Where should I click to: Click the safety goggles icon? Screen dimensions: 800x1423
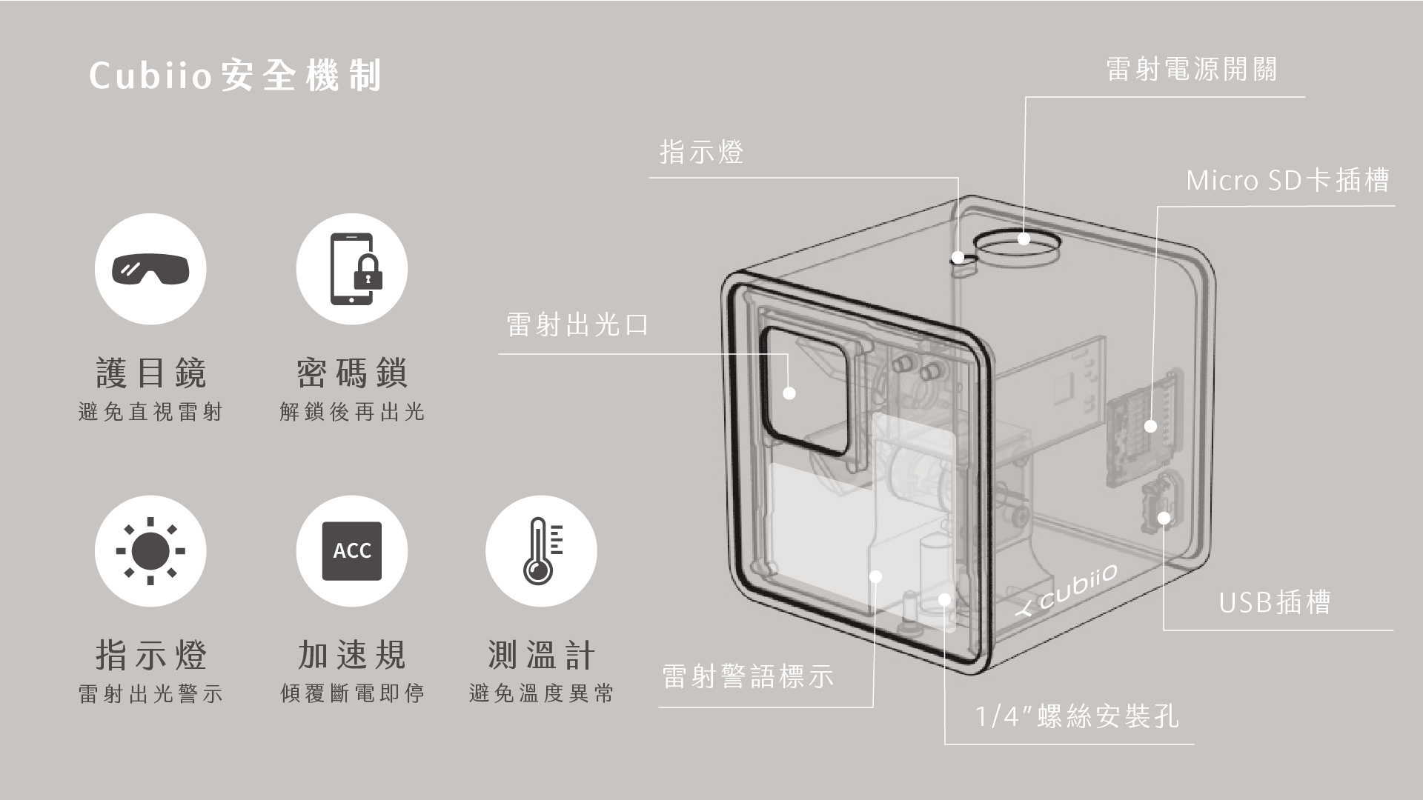point(150,268)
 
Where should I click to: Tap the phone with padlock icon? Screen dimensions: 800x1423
point(352,268)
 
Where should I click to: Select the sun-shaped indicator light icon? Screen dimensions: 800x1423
point(150,551)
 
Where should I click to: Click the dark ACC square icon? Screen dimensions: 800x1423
point(352,551)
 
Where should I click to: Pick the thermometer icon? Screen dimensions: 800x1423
point(541,551)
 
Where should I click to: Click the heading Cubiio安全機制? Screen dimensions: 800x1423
point(236,76)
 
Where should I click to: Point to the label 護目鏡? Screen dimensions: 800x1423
point(151,373)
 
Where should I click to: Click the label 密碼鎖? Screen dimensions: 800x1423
point(352,373)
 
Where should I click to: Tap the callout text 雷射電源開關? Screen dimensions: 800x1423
point(1192,70)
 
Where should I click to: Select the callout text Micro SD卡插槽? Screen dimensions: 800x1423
point(1287,181)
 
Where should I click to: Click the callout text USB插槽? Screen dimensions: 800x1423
point(1275,602)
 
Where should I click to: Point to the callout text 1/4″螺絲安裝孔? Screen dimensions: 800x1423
point(1076,716)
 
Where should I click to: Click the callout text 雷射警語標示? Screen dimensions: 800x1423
point(747,676)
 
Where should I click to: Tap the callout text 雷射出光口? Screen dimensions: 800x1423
point(577,325)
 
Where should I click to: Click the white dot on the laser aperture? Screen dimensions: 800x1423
point(789,393)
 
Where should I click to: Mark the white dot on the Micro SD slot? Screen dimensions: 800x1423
point(1150,426)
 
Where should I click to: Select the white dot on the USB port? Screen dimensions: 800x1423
point(1164,518)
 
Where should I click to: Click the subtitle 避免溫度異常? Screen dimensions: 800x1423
point(541,694)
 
